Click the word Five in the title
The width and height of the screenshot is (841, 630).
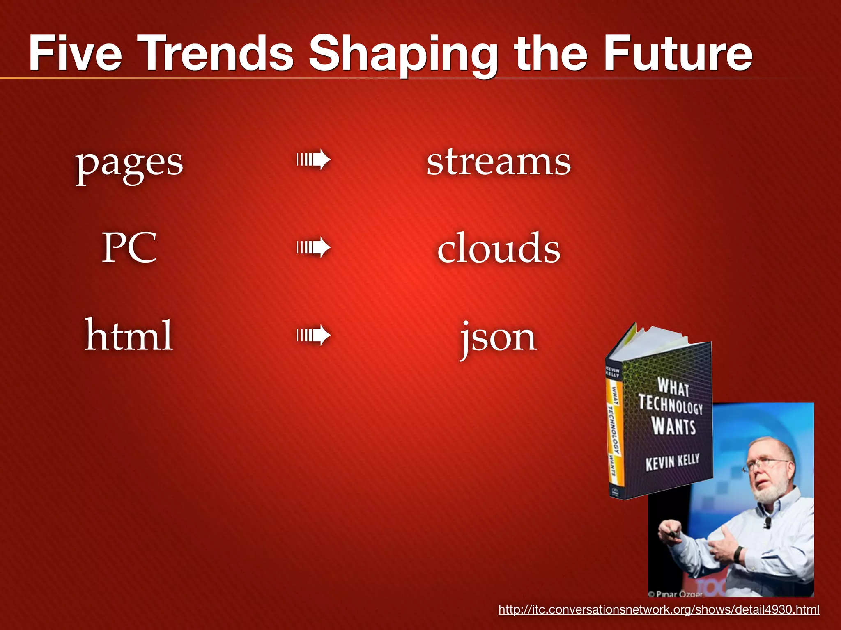click(76, 53)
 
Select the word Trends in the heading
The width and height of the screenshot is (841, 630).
click(218, 53)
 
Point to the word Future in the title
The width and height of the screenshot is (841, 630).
click(678, 53)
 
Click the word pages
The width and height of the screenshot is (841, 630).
click(129, 164)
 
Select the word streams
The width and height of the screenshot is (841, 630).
click(499, 162)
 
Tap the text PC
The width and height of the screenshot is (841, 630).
click(129, 247)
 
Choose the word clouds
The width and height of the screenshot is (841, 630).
click(499, 247)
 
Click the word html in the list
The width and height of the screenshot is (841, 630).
click(129, 335)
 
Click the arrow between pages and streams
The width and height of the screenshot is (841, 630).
click(314, 160)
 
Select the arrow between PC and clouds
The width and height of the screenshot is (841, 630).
click(314, 247)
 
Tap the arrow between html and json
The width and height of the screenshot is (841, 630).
click(314, 336)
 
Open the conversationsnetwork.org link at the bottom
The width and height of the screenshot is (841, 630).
click(659, 609)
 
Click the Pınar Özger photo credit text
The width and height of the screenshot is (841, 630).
click(677, 594)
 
